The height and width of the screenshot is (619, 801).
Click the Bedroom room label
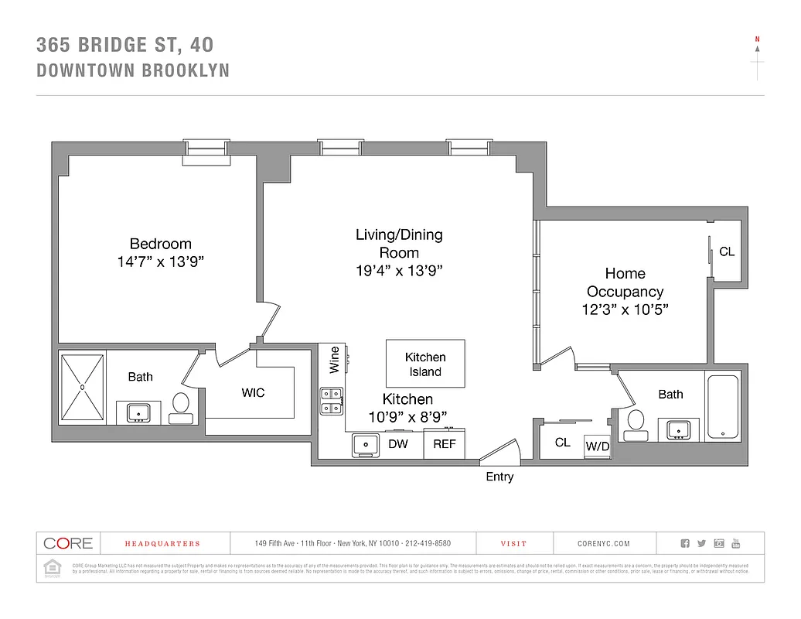coord(160,244)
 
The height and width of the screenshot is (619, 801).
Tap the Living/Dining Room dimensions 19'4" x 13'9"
coord(399,270)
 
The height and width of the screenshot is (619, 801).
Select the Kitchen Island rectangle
coord(425,364)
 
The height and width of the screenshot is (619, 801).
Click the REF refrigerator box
coord(444,444)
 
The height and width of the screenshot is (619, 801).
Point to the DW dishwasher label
coord(397,444)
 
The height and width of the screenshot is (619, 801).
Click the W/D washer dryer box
coord(597,446)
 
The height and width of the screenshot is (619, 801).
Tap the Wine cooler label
coord(334,360)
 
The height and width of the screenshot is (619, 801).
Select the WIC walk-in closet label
coord(253,393)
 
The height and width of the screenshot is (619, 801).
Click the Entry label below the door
coord(499,477)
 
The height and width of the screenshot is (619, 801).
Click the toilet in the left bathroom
coord(180,406)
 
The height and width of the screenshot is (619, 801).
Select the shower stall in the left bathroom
coord(81,387)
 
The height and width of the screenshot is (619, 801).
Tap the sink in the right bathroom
coord(679,429)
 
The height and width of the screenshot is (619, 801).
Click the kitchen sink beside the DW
coord(365,444)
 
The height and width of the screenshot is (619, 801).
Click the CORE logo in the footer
coord(68,543)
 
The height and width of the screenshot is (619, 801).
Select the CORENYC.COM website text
coord(604,544)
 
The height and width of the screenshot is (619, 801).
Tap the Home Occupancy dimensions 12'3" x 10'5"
coord(625,310)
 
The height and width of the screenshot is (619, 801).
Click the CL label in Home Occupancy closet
coord(727,252)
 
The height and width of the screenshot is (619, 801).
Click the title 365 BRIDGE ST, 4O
coord(125,45)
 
